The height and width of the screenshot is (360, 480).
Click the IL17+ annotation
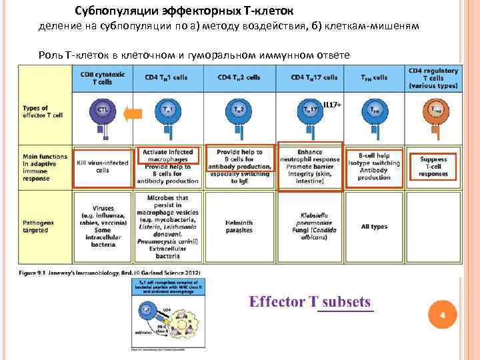point(331,105)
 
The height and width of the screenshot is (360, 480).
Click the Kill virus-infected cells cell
point(102,166)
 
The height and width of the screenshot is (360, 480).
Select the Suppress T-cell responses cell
point(433,166)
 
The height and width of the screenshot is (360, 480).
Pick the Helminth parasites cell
point(239,227)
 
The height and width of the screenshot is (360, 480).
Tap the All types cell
point(374,227)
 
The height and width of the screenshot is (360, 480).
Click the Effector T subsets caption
point(310,302)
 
